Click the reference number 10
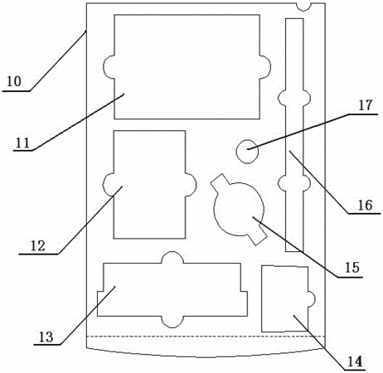click(x=14, y=81)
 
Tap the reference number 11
click(x=22, y=143)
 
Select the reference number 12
click(x=37, y=246)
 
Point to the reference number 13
click(x=46, y=337)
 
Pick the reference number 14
click(x=355, y=361)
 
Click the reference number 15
click(x=351, y=268)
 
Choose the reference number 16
click(x=365, y=205)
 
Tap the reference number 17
click(x=366, y=105)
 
